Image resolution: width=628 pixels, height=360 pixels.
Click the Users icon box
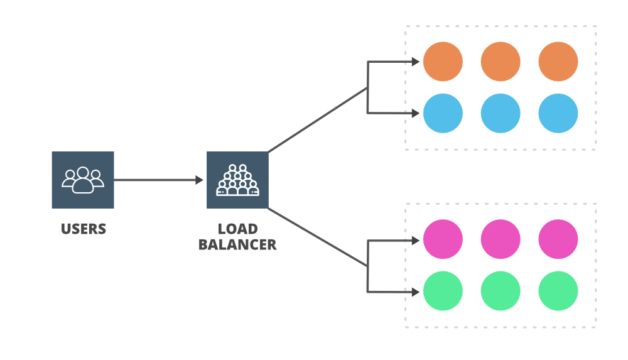click(x=83, y=180)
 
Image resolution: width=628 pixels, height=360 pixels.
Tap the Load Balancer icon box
click(x=237, y=180)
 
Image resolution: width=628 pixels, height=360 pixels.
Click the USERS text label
click(x=84, y=229)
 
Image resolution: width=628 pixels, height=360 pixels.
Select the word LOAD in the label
click(x=237, y=229)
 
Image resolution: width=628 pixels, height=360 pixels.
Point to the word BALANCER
click(x=237, y=244)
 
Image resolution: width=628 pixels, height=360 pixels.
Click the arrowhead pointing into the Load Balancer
click(x=199, y=180)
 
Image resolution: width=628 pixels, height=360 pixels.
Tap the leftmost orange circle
click(x=443, y=62)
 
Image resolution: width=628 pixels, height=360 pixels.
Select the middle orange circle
click(x=501, y=62)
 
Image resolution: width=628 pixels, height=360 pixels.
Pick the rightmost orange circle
click(x=558, y=62)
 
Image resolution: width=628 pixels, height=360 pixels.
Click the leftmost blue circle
click(x=443, y=113)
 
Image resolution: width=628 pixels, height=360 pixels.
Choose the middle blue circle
click(x=501, y=113)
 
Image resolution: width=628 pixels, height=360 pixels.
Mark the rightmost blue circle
click(x=558, y=113)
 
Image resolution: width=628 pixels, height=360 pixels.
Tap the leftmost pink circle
click(x=443, y=239)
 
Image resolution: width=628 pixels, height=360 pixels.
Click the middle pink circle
click(x=501, y=239)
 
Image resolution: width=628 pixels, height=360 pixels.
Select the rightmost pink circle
click(x=558, y=239)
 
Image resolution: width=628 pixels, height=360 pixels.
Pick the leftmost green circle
click(x=443, y=291)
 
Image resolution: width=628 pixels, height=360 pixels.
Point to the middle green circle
click(x=501, y=291)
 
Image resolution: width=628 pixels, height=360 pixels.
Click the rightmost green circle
click(x=558, y=291)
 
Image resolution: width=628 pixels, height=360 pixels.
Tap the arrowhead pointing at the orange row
click(x=415, y=62)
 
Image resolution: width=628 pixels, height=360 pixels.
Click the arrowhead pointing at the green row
click(x=415, y=292)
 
